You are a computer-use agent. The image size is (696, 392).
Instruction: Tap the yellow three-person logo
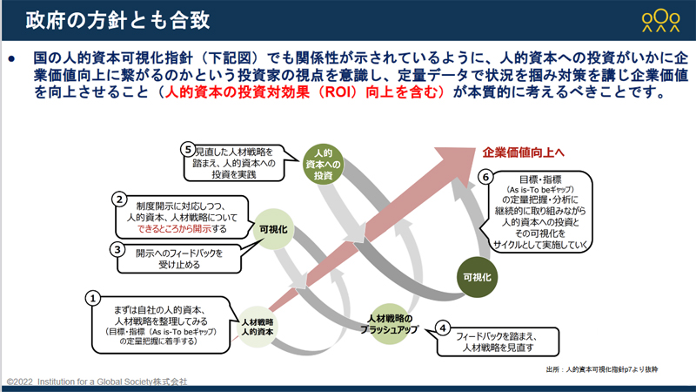pyautogui.click(x=660, y=19)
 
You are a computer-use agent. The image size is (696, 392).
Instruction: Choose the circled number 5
pyautogui.click(x=186, y=148)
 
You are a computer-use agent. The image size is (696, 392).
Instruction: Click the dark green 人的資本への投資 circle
pyautogui.click(x=325, y=164)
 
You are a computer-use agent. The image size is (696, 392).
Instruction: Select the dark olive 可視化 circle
pyautogui.click(x=475, y=276)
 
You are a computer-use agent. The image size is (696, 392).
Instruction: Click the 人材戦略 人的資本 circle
pyautogui.click(x=258, y=327)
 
